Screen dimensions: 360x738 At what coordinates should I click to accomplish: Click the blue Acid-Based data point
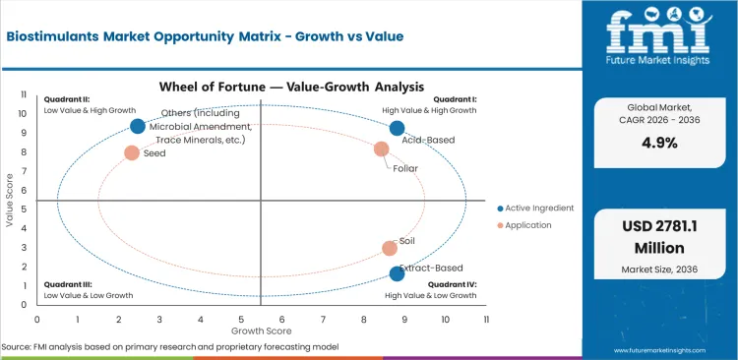pyautogui.click(x=397, y=128)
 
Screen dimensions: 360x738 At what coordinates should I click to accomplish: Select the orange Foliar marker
pyautogui.click(x=382, y=150)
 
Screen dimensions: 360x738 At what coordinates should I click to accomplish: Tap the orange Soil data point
pyautogui.click(x=390, y=249)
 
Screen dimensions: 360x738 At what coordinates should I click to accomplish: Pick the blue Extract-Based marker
pyautogui.click(x=397, y=274)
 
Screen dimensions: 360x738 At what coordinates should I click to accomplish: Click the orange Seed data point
pyautogui.click(x=131, y=152)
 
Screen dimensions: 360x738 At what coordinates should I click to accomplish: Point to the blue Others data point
pyautogui.click(x=138, y=126)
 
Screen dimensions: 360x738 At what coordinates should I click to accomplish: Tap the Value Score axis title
pyautogui.click(x=10, y=202)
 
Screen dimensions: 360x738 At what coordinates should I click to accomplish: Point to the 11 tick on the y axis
pyautogui.click(x=24, y=95)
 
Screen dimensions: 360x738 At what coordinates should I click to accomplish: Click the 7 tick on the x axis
pyautogui.click(x=323, y=319)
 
